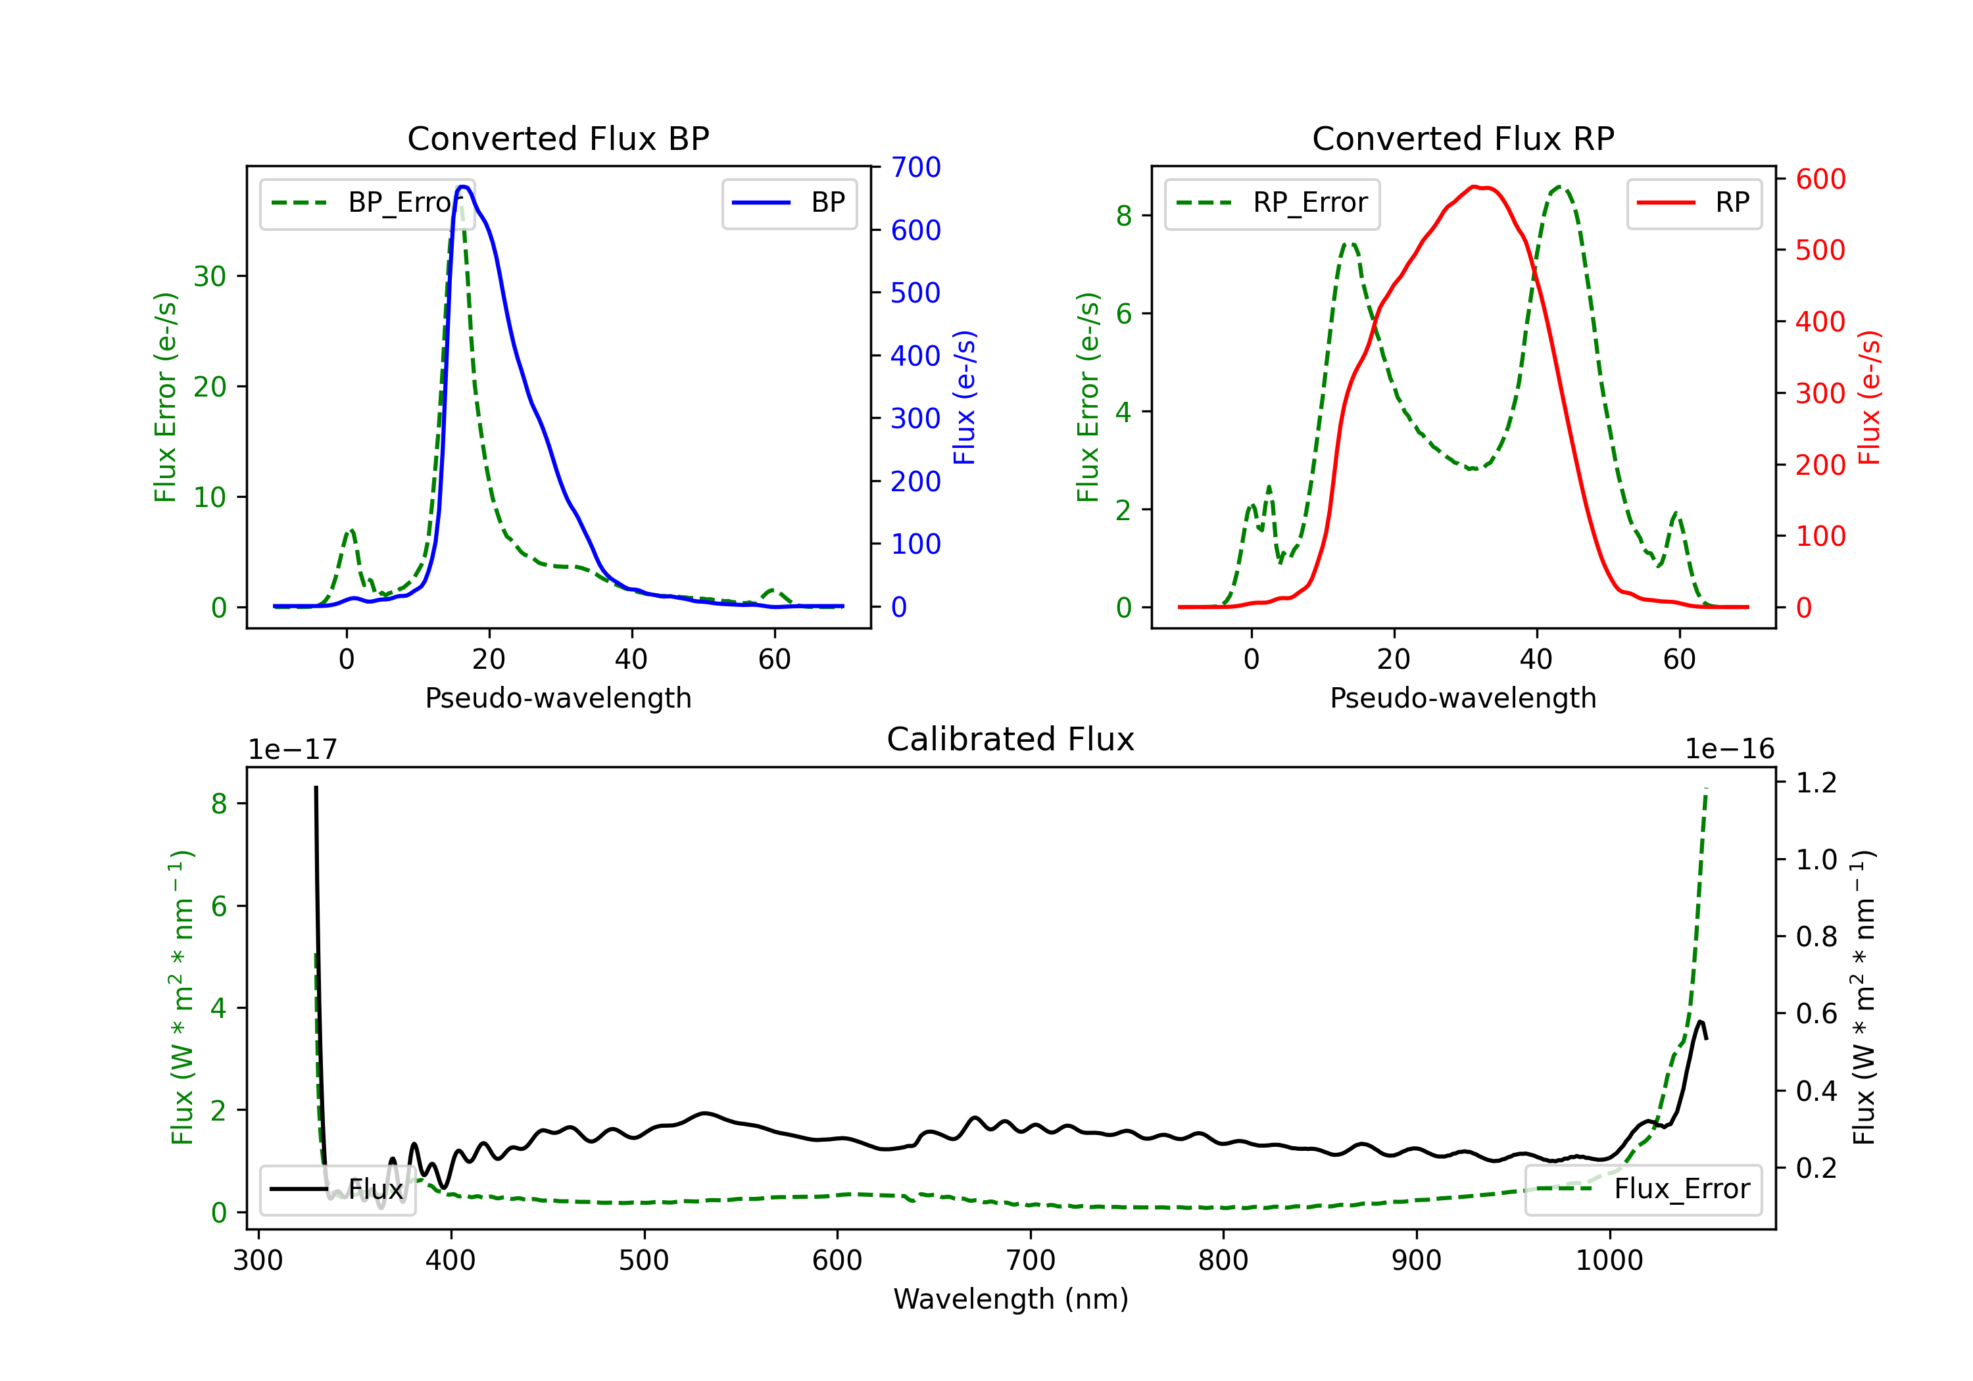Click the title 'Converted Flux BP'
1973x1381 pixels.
tap(558, 138)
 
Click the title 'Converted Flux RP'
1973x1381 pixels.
tap(1463, 138)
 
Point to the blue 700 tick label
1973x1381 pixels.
tap(915, 167)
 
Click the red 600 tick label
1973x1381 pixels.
tap(1820, 179)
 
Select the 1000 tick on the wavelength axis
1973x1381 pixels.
tap(1609, 1261)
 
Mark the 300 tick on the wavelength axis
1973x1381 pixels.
tap(258, 1261)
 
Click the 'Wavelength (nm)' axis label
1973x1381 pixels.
tap(1011, 1299)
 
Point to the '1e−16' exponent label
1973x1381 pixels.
tap(1729, 750)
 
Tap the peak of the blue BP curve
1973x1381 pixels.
tap(463, 187)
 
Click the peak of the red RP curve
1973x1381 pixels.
tap(1474, 187)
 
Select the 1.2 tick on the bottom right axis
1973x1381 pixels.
tap(1816, 782)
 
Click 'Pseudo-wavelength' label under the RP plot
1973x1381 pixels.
tap(1463, 698)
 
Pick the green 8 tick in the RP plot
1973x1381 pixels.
tap(1123, 216)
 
